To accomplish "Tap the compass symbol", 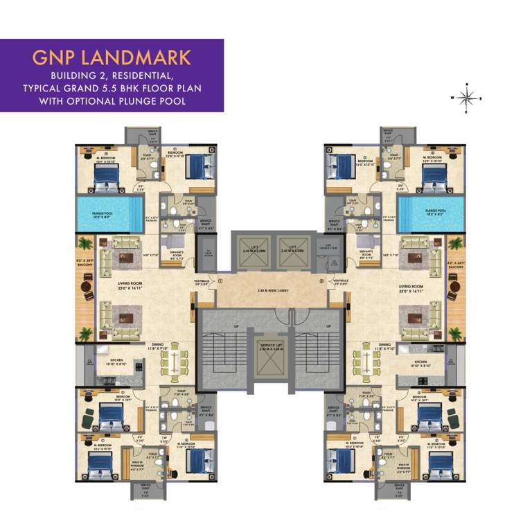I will point(466,98).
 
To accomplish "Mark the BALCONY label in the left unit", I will point(85,265).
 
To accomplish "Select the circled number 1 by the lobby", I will point(220,282).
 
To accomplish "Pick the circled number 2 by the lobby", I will point(321,282).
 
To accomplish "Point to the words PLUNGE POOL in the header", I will point(154,101).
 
